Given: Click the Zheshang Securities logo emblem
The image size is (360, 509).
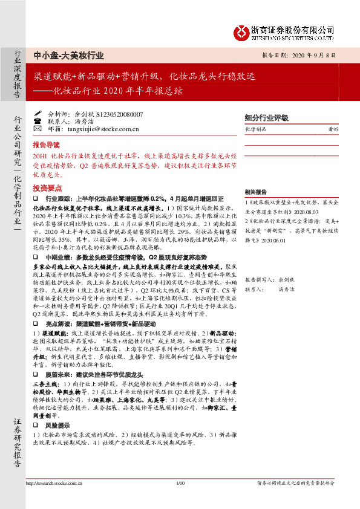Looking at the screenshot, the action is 243,30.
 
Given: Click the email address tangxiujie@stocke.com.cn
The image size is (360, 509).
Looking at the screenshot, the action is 102,128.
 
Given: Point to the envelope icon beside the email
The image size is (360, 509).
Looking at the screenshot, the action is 38,128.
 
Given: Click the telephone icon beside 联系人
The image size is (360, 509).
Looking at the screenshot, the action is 38,120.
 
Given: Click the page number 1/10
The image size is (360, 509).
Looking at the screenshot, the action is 179,483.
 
